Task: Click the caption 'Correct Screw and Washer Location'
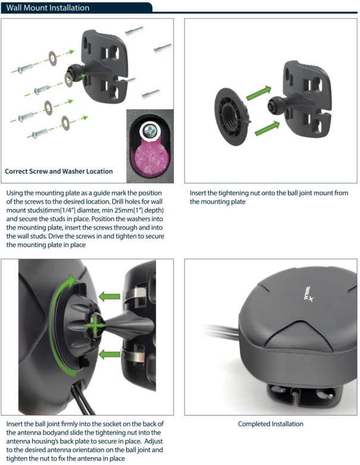(58, 171)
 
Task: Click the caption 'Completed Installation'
(270, 424)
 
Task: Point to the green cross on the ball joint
(94, 326)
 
